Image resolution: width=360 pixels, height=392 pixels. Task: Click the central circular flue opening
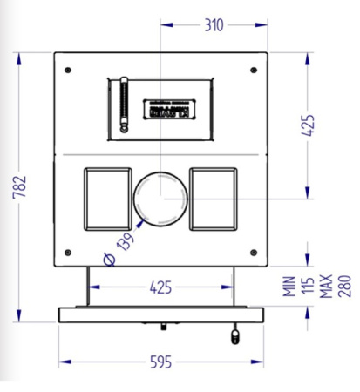[160, 198]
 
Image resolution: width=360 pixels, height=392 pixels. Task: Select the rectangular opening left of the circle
[105, 197]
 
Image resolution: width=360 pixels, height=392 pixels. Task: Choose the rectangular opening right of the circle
[214, 197]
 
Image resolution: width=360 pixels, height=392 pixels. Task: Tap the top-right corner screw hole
[253, 70]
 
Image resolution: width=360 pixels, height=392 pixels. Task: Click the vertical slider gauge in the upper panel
[123, 106]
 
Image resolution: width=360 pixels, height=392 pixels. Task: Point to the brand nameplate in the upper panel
[172, 109]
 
